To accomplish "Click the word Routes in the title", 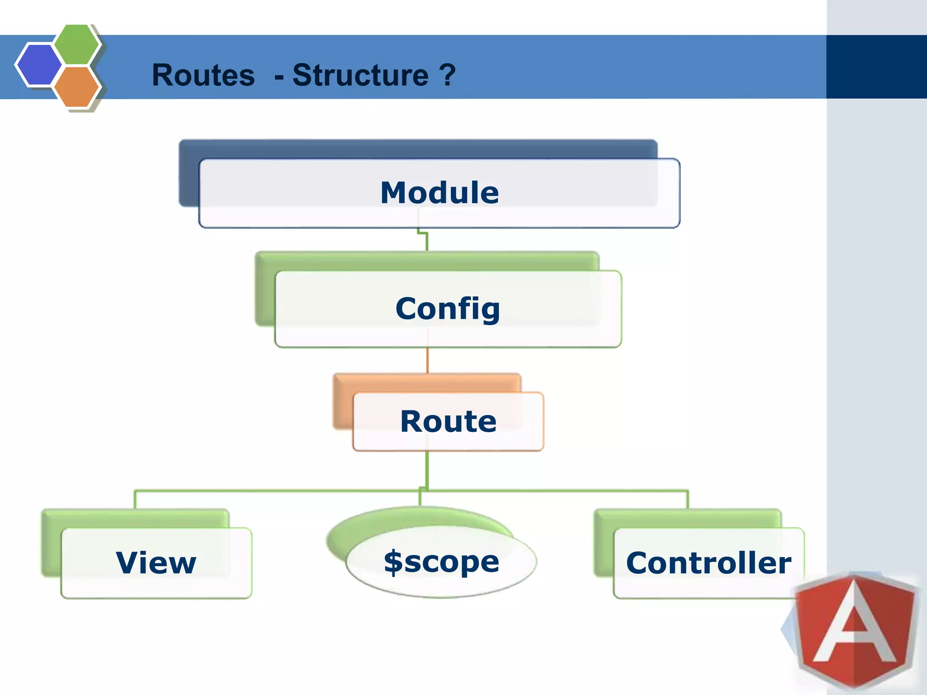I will click(x=203, y=75).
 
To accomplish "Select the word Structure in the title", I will click(x=360, y=75).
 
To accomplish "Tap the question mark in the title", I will click(x=447, y=75).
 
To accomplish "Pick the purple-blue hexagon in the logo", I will click(x=39, y=65).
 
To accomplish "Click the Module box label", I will click(x=440, y=193).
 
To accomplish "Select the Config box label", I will click(x=448, y=309).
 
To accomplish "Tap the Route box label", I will click(x=448, y=421).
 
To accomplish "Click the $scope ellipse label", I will click(x=441, y=562).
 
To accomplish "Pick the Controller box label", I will click(x=708, y=563).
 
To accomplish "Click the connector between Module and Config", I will click(x=426, y=240).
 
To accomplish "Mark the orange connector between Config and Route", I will click(x=427, y=360).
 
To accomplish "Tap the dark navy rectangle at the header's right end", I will click(x=876, y=67).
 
